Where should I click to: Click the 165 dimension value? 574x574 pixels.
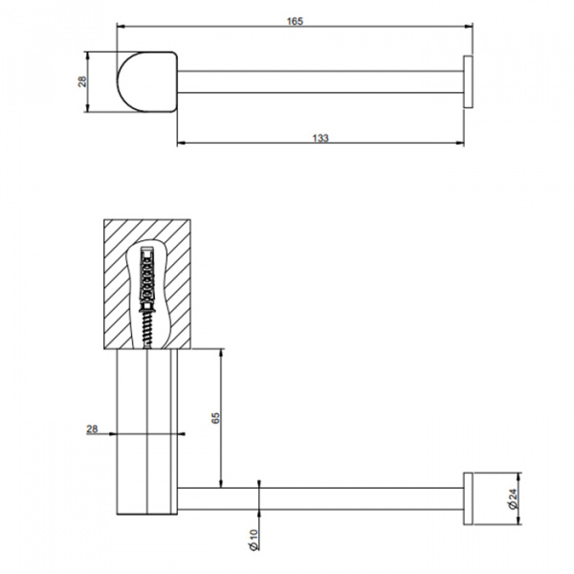[295, 21]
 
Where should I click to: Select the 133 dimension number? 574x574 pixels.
[320, 138]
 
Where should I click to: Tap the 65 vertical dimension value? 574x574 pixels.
[215, 418]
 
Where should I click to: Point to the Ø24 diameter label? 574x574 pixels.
[513, 498]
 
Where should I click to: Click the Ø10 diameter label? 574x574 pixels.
[254, 540]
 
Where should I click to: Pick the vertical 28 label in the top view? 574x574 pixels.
[82, 81]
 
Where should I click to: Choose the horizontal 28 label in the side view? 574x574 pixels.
[92, 429]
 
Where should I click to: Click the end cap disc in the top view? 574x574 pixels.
[468, 81]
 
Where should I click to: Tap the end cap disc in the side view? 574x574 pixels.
[468, 498]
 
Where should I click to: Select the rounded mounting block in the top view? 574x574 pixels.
[147, 81]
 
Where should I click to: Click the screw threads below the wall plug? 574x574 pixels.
[147, 327]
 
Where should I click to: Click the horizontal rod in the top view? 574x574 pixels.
[320, 81]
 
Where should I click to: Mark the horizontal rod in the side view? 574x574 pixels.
[320, 498]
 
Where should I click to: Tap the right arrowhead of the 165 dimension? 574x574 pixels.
[469, 27]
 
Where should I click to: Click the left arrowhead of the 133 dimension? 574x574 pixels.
[182, 143]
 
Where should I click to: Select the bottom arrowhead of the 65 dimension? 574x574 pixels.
[221, 483]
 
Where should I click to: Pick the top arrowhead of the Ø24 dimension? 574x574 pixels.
[519, 477]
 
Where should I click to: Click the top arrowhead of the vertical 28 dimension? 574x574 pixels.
[87, 56]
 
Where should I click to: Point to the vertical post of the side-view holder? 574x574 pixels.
[147, 432]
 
